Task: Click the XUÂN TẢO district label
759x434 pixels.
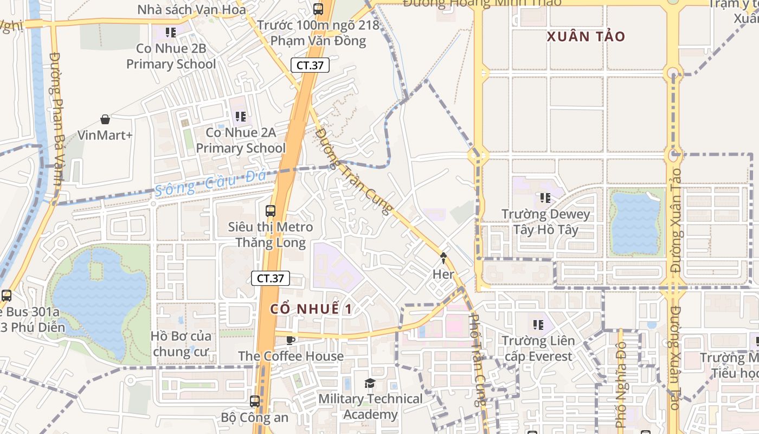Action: pyautogui.click(x=586, y=37)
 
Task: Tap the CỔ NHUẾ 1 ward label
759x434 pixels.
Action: pyautogui.click(x=312, y=309)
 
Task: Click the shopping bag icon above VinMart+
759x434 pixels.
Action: pyautogui.click(x=105, y=119)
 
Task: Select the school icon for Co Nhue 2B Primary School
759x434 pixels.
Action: pyautogui.click(x=171, y=33)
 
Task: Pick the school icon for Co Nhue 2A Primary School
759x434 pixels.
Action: pyautogui.click(x=240, y=116)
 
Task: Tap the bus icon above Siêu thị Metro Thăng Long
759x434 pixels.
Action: pyautogui.click(x=270, y=210)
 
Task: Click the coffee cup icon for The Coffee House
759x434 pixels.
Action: pyautogui.click(x=291, y=340)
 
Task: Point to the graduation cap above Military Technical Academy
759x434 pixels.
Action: pyautogui.click(x=370, y=384)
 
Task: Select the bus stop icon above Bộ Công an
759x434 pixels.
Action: pyautogui.click(x=254, y=401)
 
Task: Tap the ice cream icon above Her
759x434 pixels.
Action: pyautogui.click(x=443, y=258)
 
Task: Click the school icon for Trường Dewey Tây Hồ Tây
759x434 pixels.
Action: pyautogui.click(x=545, y=198)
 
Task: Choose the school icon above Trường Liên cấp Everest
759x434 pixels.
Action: pyautogui.click(x=538, y=325)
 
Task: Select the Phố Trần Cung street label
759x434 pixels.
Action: pyautogui.click(x=475, y=360)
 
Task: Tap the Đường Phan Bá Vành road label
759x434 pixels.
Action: pyautogui.click(x=56, y=119)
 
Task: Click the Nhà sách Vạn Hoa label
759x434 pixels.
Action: pyautogui.click(x=191, y=9)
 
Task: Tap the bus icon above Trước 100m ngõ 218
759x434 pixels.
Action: pyautogui.click(x=318, y=9)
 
